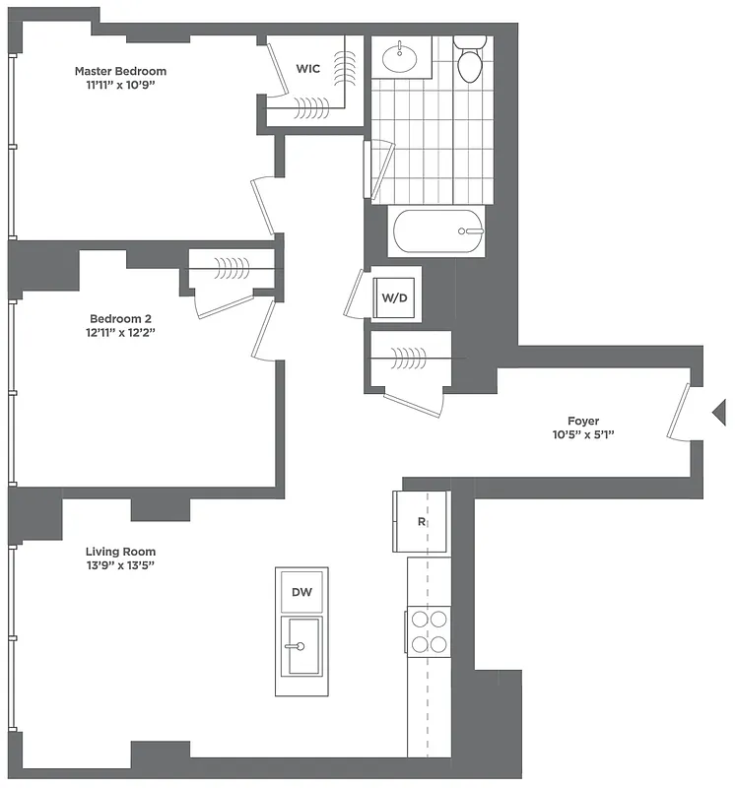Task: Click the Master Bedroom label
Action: click(x=120, y=71)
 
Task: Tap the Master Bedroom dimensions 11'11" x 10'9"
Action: click(x=120, y=86)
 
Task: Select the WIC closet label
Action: click(x=308, y=69)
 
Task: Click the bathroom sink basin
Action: click(x=402, y=56)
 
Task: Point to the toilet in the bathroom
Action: click(x=470, y=61)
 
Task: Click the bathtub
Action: click(x=439, y=232)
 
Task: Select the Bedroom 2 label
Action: click(x=121, y=318)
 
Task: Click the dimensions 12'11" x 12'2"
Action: click(x=121, y=333)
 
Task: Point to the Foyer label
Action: click(x=583, y=421)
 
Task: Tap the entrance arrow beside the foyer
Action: click(x=719, y=412)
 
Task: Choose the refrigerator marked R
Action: click(x=422, y=521)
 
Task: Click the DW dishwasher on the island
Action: click(x=301, y=591)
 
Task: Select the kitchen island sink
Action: click(x=301, y=646)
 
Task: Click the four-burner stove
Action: click(x=430, y=631)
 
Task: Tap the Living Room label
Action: click(x=120, y=552)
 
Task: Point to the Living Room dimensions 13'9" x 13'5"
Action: click(x=120, y=565)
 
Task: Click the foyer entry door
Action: click(x=679, y=416)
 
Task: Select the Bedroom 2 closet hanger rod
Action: click(x=233, y=264)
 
